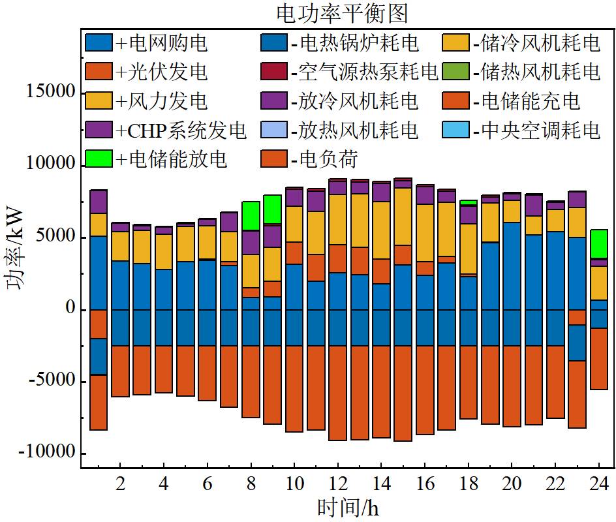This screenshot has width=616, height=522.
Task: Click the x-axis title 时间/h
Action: [348, 506]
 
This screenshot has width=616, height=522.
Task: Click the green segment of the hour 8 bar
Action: [251, 215]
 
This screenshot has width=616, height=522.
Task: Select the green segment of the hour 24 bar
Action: [598, 244]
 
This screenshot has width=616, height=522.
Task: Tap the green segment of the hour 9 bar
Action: [273, 209]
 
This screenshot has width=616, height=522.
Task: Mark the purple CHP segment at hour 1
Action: [99, 202]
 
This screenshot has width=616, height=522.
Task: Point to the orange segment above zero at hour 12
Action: [338, 258]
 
